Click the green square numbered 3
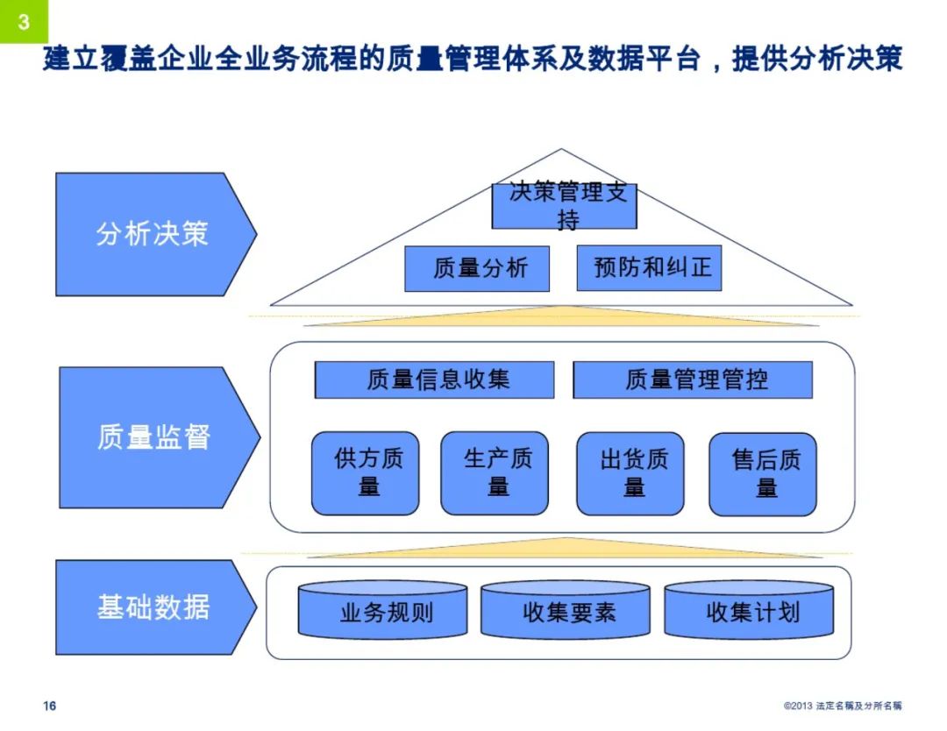point(24,21)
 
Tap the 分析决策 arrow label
point(152,234)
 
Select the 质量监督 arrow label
point(153,436)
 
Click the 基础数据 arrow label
point(153,607)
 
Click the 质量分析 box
point(477,268)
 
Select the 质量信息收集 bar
point(435,380)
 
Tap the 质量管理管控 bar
point(693,380)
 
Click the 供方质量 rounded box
point(366,473)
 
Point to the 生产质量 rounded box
point(495,473)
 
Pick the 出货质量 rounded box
point(630,473)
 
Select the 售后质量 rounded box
point(763,474)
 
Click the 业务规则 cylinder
point(386,611)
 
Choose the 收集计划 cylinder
point(749,611)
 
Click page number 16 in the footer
point(50,706)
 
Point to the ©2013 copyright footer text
point(842,706)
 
